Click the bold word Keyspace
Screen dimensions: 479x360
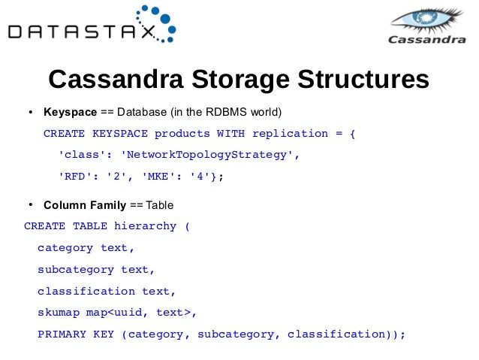click(x=70, y=113)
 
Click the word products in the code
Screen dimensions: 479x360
click(x=181, y=134)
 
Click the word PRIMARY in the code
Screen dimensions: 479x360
click(x=62, y=334)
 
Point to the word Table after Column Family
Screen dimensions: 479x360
click(x=160, y=204)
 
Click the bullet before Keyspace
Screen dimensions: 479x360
click(x=31, y=113)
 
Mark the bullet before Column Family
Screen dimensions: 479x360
click(x=31, y=204)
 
